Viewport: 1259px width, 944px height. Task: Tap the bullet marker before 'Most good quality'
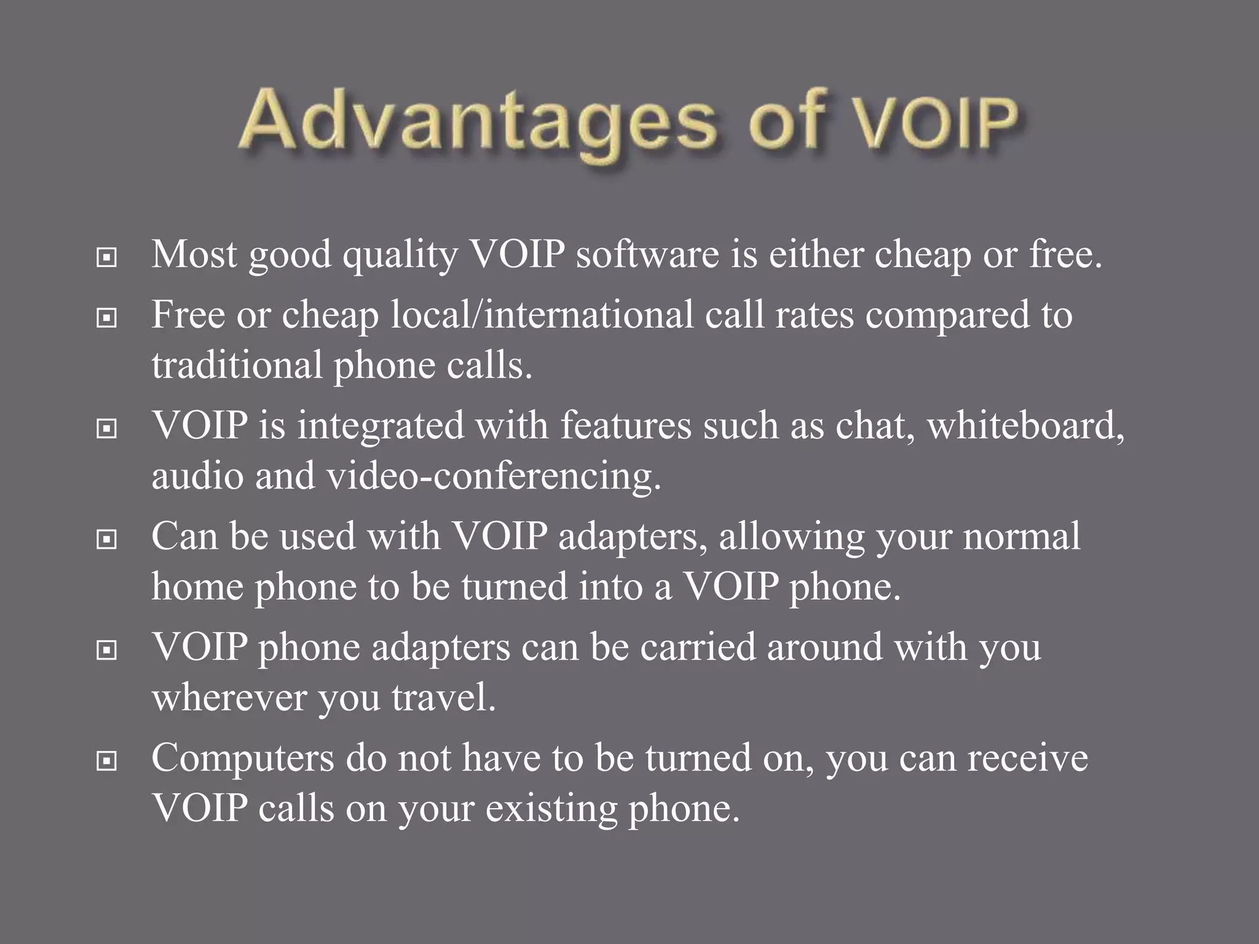(107, 258)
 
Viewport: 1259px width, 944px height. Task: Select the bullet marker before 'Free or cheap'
(107, 318)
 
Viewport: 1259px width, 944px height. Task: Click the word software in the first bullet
(647, 254)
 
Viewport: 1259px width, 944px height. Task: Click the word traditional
(237, 365)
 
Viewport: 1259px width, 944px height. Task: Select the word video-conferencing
(494, 476)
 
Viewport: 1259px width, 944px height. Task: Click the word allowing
(791, 537)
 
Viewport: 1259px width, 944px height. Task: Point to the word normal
(1021, 536)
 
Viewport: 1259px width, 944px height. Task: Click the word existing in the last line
(551, 809)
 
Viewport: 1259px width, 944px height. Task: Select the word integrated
(381, 425)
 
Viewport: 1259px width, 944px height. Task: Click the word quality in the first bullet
(400, 255)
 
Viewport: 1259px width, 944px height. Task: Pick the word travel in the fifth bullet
(443, 698)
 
